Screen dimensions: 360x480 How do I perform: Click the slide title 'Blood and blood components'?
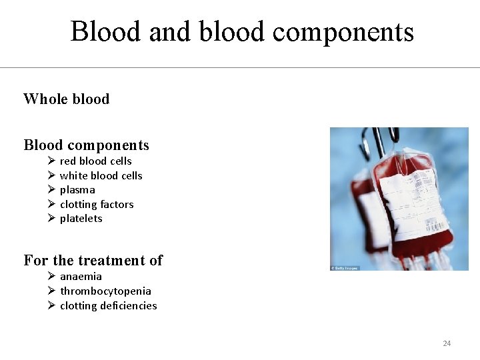[x=241, y=31]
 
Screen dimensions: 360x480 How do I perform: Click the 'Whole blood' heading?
[x=66, y=99]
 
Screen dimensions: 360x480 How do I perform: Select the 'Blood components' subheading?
[x=86, y=145]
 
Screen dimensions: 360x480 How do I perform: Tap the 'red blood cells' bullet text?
[x=95, y=161]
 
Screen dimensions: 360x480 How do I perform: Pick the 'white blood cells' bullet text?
[x=101, y=176]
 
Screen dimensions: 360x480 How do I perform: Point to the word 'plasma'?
[x=77, y=190]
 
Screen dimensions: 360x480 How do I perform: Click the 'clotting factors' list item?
[x=97, y=205]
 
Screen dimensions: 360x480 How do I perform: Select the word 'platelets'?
[x=81, y=219]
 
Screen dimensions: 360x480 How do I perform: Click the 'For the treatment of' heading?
[x=93, y=261]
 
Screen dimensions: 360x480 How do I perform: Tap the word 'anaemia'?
[x=81, y=277]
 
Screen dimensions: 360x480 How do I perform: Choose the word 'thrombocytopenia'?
[x=105, y=291]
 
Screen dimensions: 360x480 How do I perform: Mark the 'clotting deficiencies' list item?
[x=108, y=306]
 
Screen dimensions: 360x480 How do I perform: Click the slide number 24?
[x=447, y=343]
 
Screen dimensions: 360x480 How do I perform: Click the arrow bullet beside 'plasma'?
[x=51, y=190]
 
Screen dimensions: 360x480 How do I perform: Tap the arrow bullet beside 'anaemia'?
[x=51, y=277]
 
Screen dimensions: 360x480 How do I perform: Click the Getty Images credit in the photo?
[x=345, y=268]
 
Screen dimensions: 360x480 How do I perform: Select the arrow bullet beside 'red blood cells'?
[x=51, y=161]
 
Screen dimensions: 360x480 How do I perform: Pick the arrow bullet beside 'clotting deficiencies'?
[x=51, y=306]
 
